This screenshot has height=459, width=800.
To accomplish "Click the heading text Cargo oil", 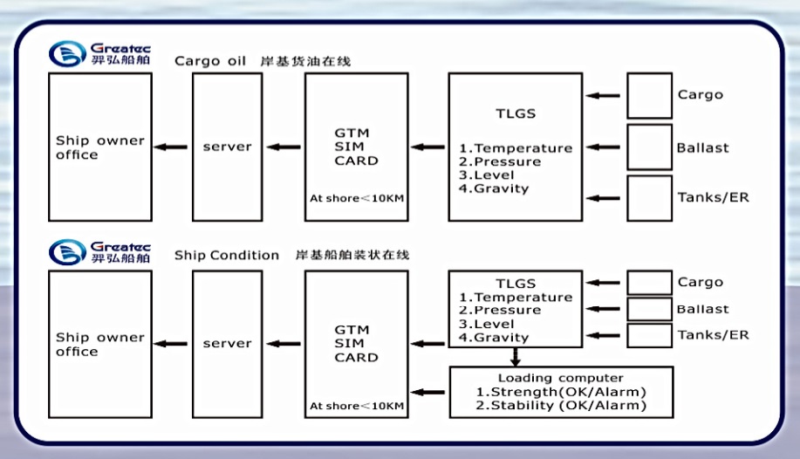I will (210, 61).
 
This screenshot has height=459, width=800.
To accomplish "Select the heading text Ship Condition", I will (227, 256).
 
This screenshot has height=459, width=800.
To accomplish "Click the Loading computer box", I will (561, 392).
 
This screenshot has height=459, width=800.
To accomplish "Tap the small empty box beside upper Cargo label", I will (649, 95).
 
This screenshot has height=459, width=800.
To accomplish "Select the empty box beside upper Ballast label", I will (649, 147).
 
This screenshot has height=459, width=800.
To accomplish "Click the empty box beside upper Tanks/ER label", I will (649, 198).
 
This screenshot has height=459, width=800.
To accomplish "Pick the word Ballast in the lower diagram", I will (702, 309).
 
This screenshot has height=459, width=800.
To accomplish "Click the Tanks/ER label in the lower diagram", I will (713, 335).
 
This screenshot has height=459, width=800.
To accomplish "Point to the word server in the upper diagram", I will (227, 147).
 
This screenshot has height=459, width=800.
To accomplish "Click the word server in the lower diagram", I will (227, 344).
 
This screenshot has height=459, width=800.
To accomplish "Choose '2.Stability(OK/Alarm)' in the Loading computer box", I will (561, 406).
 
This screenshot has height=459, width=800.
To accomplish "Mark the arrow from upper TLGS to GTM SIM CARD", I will (427, 147).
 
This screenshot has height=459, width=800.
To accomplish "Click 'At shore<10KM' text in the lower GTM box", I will (356, 407).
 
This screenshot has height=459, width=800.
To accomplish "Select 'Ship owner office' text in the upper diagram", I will (99, 147).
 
